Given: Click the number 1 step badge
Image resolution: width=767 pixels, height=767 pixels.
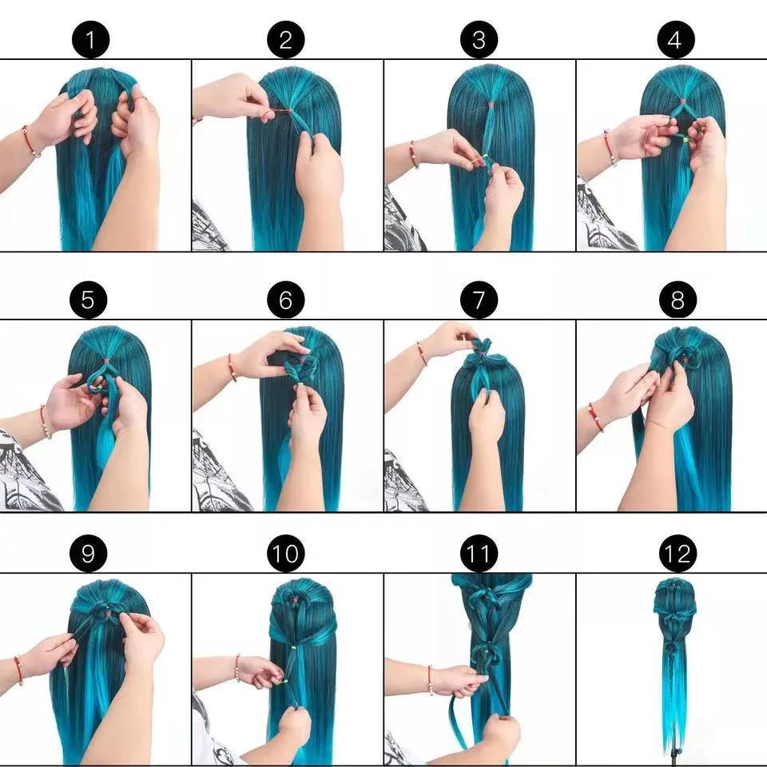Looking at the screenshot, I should pos(91,40).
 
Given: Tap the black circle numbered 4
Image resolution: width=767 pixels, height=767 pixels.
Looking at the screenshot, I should pos(675,40).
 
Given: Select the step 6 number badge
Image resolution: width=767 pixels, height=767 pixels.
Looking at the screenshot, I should pos(285,300).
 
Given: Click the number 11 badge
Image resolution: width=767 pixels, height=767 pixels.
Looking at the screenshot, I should pos(479,554).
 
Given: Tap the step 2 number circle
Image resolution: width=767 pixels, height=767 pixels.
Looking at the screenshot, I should pos(285,40).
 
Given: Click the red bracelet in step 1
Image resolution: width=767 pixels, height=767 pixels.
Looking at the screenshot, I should pos(30,141).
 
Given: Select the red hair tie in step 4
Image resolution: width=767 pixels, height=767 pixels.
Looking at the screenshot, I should pos(683,101).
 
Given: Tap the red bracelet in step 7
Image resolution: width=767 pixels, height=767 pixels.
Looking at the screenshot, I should pos(421,353).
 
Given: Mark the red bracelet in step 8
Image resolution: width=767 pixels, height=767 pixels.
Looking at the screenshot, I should pos(595,417).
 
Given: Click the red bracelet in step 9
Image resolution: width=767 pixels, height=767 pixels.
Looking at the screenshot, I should pos(18,670).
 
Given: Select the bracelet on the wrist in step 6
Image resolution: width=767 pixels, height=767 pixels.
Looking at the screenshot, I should pos(232,368).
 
